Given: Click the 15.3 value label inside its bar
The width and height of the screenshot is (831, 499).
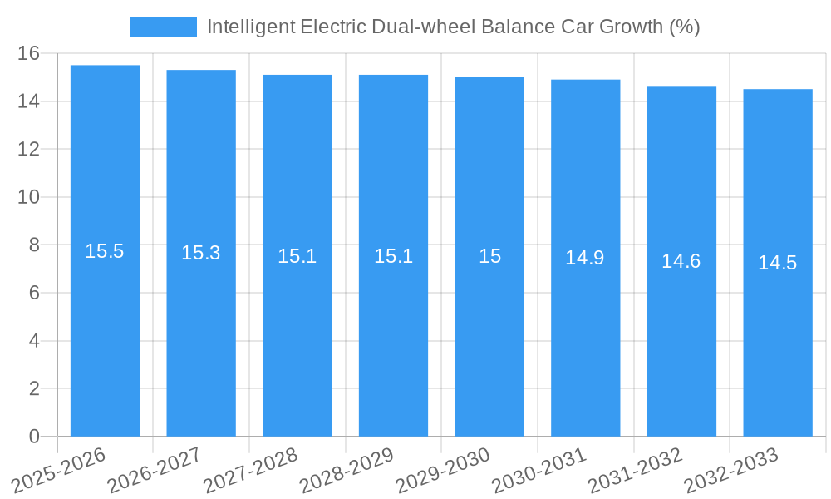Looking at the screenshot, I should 201,253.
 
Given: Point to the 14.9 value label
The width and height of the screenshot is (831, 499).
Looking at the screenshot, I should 585,258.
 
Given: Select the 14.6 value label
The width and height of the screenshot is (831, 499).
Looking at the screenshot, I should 681,261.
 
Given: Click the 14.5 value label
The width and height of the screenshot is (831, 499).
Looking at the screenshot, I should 778,263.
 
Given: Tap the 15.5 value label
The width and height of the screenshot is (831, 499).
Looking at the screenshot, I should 105,251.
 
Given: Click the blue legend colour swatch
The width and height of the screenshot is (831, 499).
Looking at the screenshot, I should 164,27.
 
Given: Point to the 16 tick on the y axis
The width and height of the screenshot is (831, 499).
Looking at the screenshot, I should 29,54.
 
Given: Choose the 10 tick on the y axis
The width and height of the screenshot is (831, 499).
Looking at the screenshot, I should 29,197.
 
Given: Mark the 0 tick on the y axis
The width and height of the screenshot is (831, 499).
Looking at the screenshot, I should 34,437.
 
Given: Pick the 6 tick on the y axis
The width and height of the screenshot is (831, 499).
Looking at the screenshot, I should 34,293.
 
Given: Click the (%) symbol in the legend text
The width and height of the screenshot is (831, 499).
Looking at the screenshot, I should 685,27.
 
